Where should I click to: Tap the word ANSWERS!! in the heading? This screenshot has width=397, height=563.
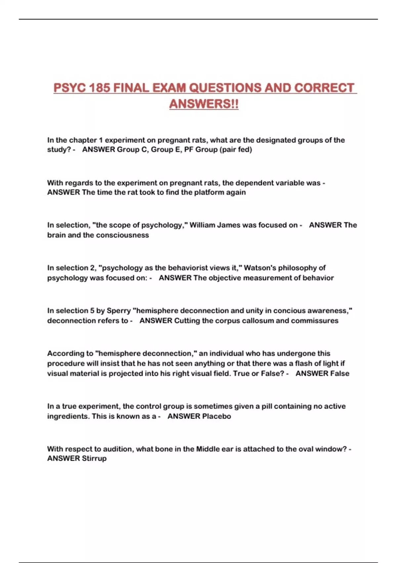click(204, 104)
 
